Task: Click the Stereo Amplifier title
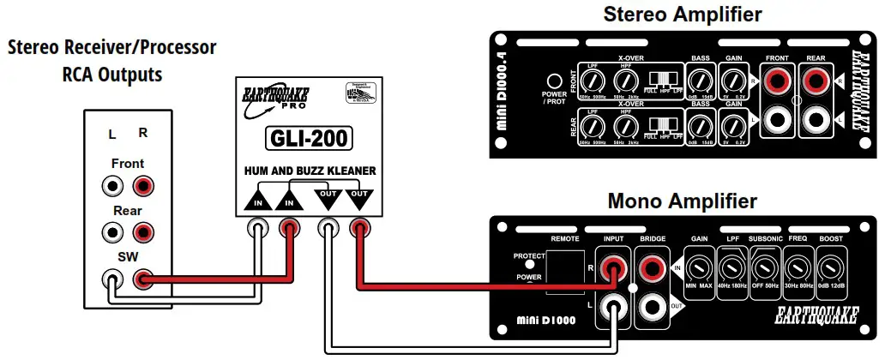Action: coord(683,14)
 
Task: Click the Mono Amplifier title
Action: coord(682,201)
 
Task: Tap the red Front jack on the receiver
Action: coord(142,185)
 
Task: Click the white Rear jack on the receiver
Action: coord(111,231)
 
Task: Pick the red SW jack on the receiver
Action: coord(142,279)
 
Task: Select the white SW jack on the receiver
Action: coord(111,279)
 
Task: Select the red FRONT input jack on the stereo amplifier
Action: coord(776,82)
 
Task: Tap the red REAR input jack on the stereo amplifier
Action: coord(816,82)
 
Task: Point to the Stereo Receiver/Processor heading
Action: coord(112,47)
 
